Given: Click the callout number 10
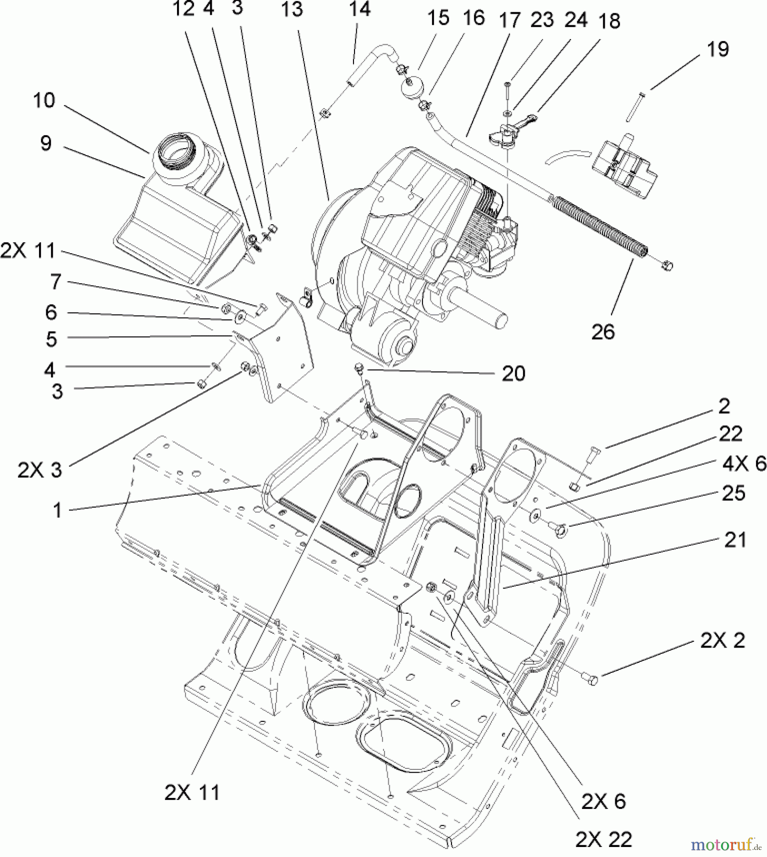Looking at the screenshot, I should coord(44,100).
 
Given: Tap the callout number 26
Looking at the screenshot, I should coord(603,332).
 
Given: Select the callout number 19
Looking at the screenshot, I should coord(718,49).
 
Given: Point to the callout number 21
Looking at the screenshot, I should coord(735,540).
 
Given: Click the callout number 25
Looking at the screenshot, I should coord(733,493).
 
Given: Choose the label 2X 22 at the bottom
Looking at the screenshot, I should coord(603,839).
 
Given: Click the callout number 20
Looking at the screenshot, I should coord(513,373).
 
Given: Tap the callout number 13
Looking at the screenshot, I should coord(292,9).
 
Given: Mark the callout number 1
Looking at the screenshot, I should coord(57,510).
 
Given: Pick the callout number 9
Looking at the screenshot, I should coord(46,143).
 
